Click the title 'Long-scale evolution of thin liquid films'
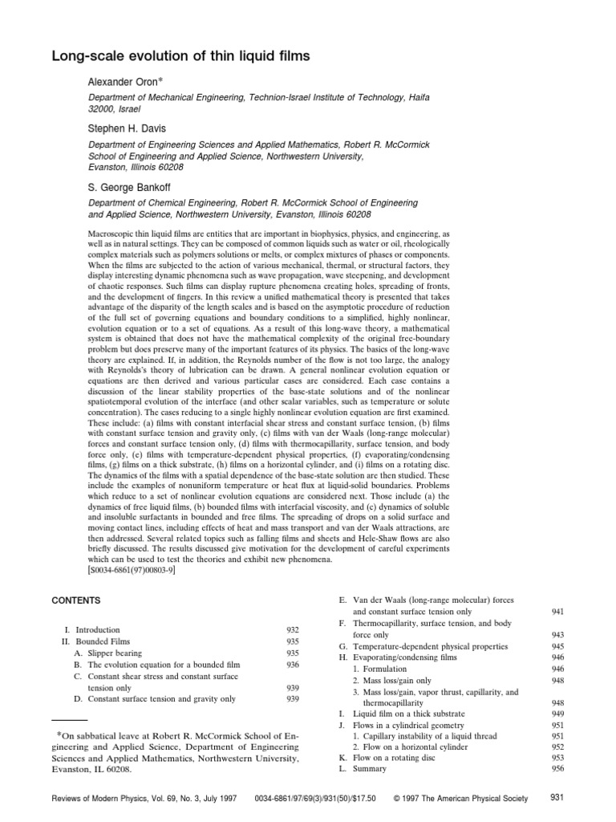click(180, 57)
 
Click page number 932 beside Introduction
click(293, 630)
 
